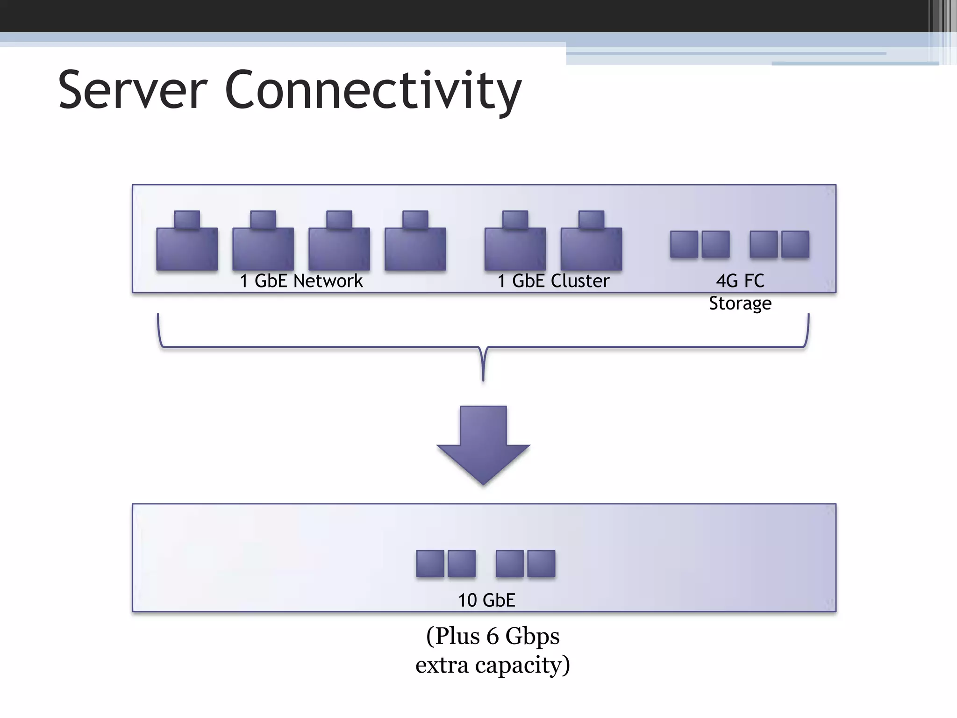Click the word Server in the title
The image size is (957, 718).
click(132, 90)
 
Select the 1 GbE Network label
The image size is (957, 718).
click(301, 281)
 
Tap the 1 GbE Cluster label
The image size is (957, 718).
click(553, 281)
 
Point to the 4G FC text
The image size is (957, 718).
click(740, 281)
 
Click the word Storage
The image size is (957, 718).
click(740, 303)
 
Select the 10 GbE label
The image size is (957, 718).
click(486, 600)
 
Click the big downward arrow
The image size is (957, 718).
click(483, 444)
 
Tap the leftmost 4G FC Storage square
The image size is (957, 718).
click(684, 244)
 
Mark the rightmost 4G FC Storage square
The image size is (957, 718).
click(795, 244)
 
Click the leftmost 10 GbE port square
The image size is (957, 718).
click(430, 563)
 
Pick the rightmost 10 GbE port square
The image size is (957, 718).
click(541, 563)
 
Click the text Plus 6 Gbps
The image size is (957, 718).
click(493, 636)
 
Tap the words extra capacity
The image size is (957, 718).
click(493, 665)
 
